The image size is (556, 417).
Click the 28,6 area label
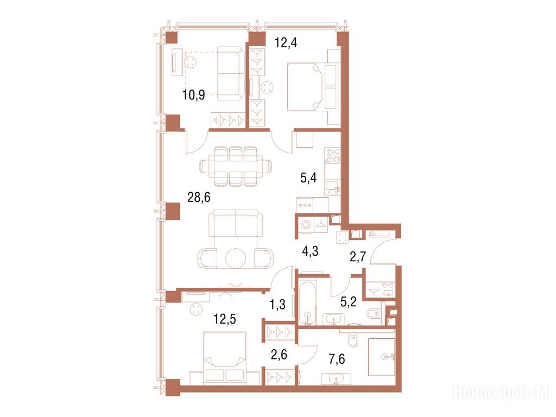tap(199, 197)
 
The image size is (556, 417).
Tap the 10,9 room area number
tap(194, 95)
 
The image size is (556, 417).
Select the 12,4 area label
tap(286, 43)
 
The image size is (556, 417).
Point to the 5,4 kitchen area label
tap(308, 178)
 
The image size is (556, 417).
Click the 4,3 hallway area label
tap(310, 251)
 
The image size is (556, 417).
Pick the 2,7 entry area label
tap(357, 257)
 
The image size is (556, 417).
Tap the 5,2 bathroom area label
tap(348, 302)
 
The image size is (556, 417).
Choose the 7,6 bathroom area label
tap(337, 359)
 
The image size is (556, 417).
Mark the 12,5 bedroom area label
tap(224, 319)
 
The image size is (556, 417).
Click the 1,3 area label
tap(277, 304)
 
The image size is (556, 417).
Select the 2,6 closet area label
tap(279, 355)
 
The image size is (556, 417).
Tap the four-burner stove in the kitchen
tap(333, 156)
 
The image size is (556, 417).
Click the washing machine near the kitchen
tap(306, 224)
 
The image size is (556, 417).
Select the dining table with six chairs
tap(236, 166)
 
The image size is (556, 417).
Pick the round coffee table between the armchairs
tap(236, 258)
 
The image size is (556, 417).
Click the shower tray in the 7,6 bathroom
tap(382, 357)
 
